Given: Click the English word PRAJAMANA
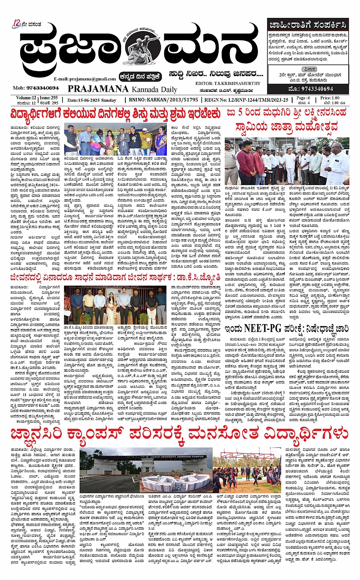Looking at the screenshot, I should click(x=98, y=89).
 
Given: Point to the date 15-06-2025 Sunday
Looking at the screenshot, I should click(x=91, y=100).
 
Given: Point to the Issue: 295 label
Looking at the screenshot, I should click(x=49, y=98).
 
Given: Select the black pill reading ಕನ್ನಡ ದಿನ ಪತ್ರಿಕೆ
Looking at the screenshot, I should click(x=141, y=76).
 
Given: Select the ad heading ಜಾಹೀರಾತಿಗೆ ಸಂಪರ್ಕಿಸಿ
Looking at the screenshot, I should click(x=307, y=26).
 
